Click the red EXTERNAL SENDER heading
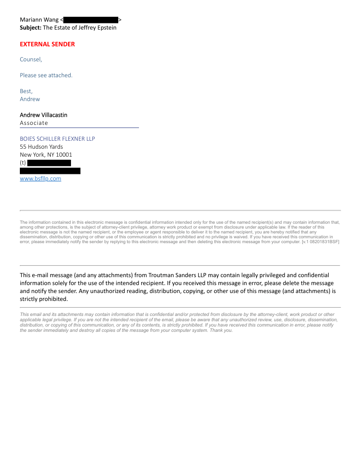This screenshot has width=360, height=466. click(x=47, y=44)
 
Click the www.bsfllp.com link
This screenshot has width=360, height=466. click(x=40, y=179)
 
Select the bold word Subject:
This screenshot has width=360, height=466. click(x=30, y=28)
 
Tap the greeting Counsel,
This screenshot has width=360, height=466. click(x=31, y=60)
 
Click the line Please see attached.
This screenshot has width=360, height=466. click(x=46, y=75)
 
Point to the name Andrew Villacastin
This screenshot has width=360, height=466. click(x=44, y=115)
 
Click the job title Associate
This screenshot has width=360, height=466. click(x=34, y=123)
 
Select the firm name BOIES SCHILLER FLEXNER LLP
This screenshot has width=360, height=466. click(x=57, y=139)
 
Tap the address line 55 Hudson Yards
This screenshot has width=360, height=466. click(x=41, y=147)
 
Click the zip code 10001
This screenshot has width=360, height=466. click(x=64, y=154)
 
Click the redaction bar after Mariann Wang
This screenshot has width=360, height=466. click(x=91, y=20)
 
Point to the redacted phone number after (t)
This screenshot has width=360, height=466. click(x=49, y=163)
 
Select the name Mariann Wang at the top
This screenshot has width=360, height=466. click(x=39, y=20)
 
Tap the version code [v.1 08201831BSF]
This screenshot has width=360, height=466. click(x=320, y=242)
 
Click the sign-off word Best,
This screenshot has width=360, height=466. click(x=26, y=91)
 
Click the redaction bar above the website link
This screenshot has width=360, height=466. click(x=50, y=171)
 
